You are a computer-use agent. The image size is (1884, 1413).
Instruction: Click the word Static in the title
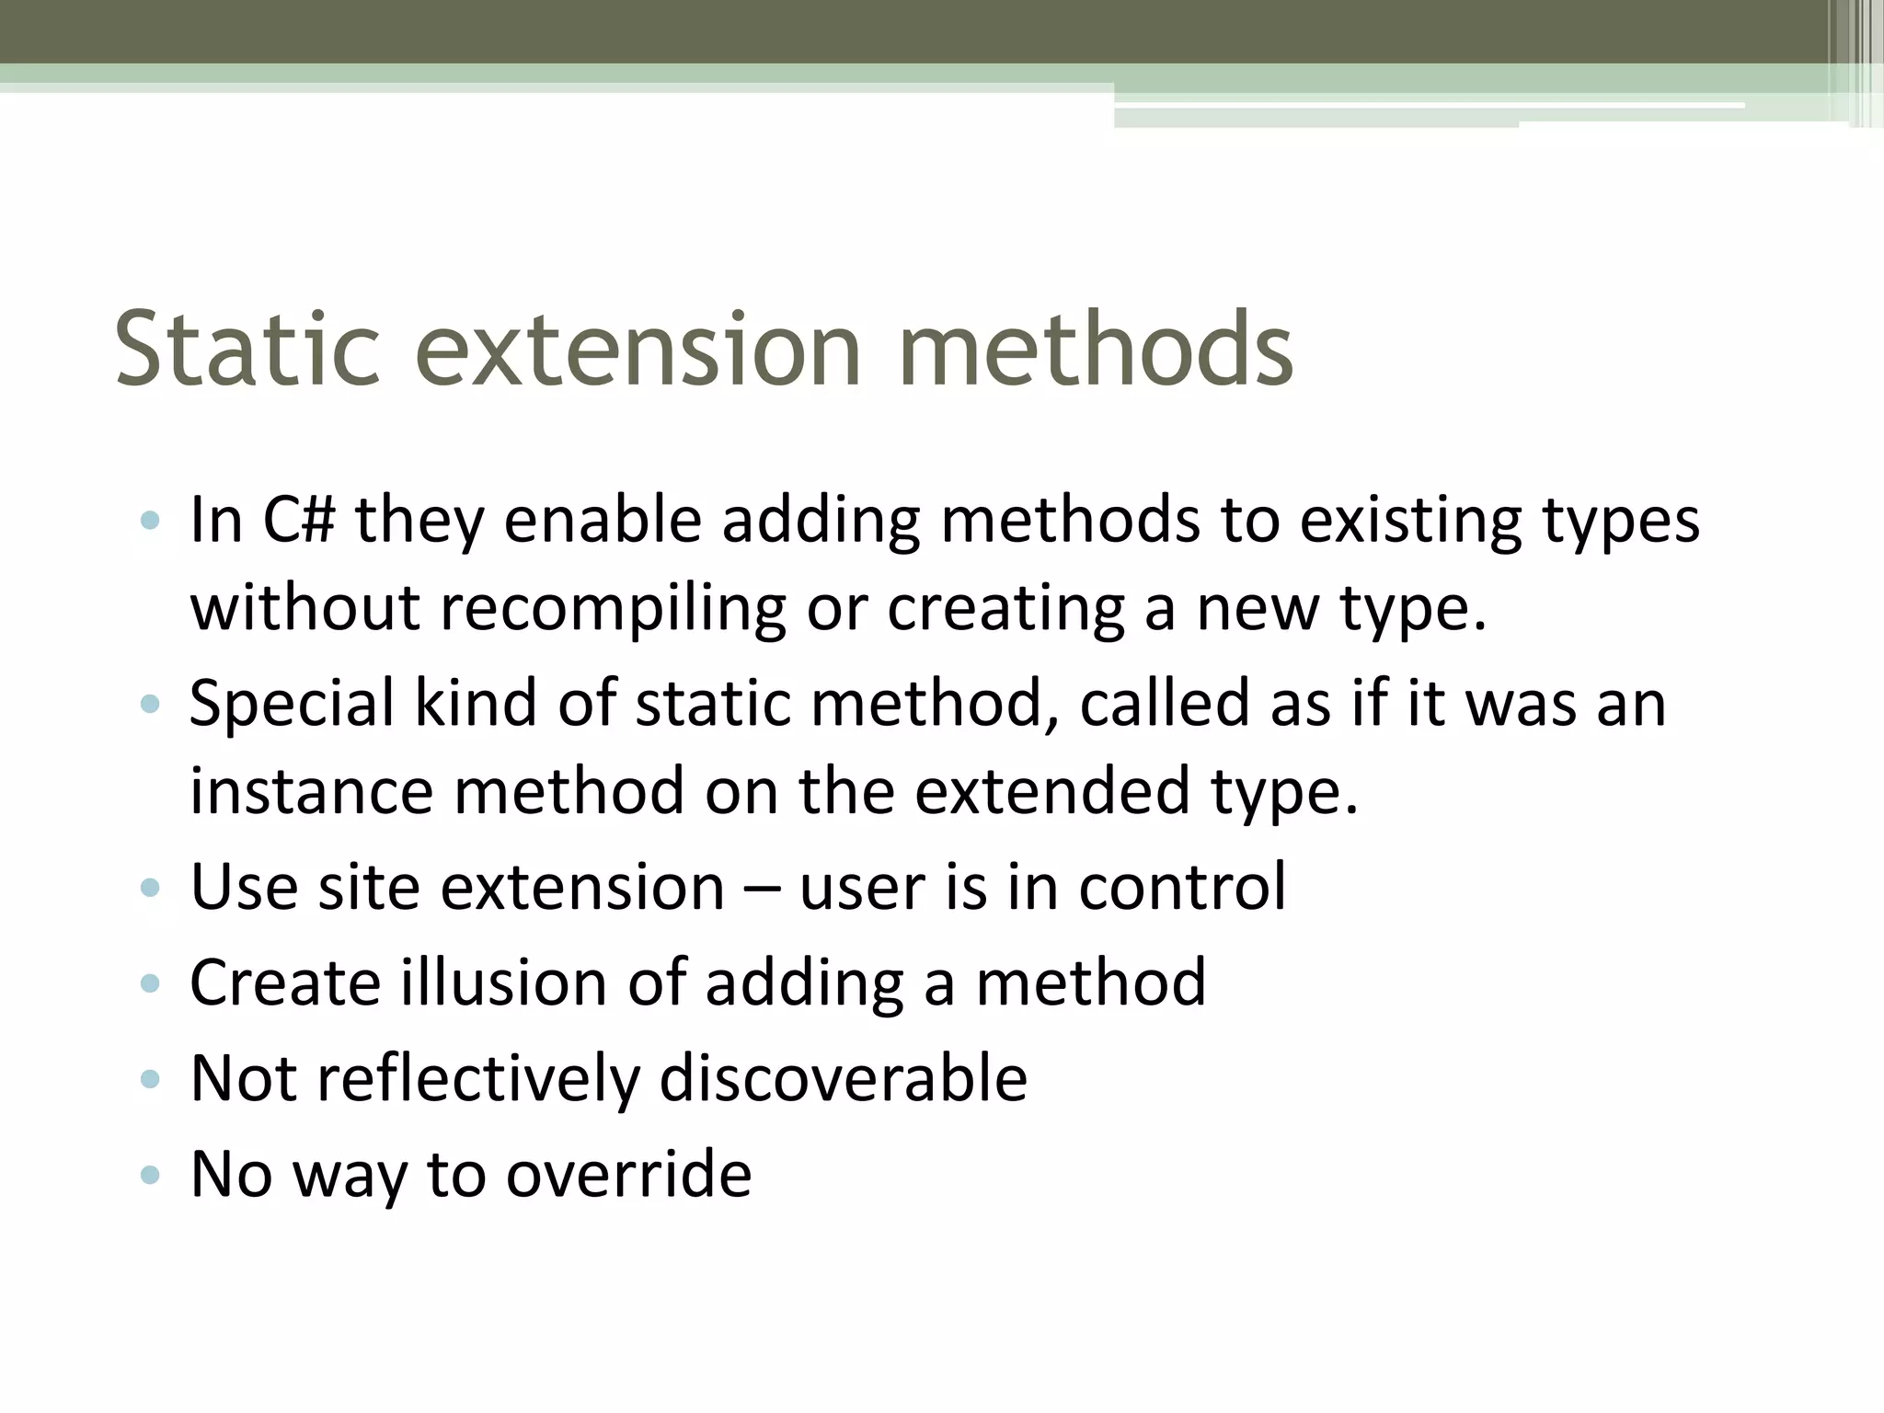pyautogui.click(x=247, y=350)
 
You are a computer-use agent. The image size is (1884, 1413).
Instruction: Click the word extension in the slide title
pyautogui.click(x=638, y=350)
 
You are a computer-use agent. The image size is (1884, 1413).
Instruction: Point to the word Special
pyautogui.click(x=292, y=705)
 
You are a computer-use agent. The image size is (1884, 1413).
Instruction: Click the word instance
pyautogui.click(x=311, y=791)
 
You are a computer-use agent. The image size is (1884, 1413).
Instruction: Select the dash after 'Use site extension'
pyautogui.click(x=762, y=889)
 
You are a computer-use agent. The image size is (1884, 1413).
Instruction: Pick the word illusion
pyautogui.click(x=503, y=982)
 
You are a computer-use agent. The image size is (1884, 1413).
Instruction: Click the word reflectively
pyautogui.click(x=478, y=1078)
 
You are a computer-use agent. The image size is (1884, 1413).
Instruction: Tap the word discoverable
pyautogui.click(x=843, y=1078)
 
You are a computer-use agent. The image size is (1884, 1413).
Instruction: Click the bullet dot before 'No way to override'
pyautogui.click(x=150, y=1175)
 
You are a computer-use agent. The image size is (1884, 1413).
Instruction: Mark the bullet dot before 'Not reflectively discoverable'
pyautogui.click(x=150, y=1079)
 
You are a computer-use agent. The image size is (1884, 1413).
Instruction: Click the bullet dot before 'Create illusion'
pyautogui.click(x=150, y=983)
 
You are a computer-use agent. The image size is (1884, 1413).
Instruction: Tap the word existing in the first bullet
pyautogui.click(x=1410, y=521)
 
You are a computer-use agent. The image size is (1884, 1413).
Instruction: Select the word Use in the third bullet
pyautogui.click(x=244, y=887)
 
